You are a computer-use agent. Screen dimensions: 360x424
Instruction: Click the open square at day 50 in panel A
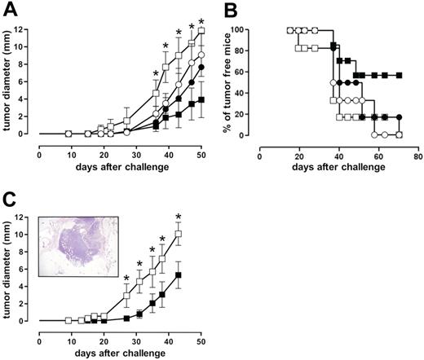(x=201, y=31)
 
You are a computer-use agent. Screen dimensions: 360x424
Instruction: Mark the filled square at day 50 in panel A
(x=201, y=99)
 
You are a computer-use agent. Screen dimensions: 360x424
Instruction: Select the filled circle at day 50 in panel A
(x=201, y=68)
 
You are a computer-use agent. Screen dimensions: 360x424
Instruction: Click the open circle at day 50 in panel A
(x=201, y=55)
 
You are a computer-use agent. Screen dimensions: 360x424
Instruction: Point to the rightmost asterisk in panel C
(x=179, y=217)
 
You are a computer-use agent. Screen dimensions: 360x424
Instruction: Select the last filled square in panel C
(x=179, y=275)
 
